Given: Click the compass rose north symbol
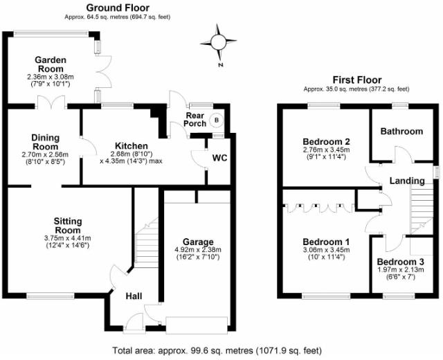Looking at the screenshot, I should pyautogui.click(x=219, y=43).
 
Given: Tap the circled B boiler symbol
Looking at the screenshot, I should pyautogui.click(x=216, y=119).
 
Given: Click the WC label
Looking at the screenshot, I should pyautogui.click(x=219, y=158).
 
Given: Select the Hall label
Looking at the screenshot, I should pyautogui.click(x=134, y=296).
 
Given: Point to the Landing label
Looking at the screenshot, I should pyautogui.click(x=406, y=181).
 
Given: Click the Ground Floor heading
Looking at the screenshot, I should pyautogui.click(x=117, y=8).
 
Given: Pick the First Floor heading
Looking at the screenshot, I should pyautogui.click(x=356, y=80).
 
